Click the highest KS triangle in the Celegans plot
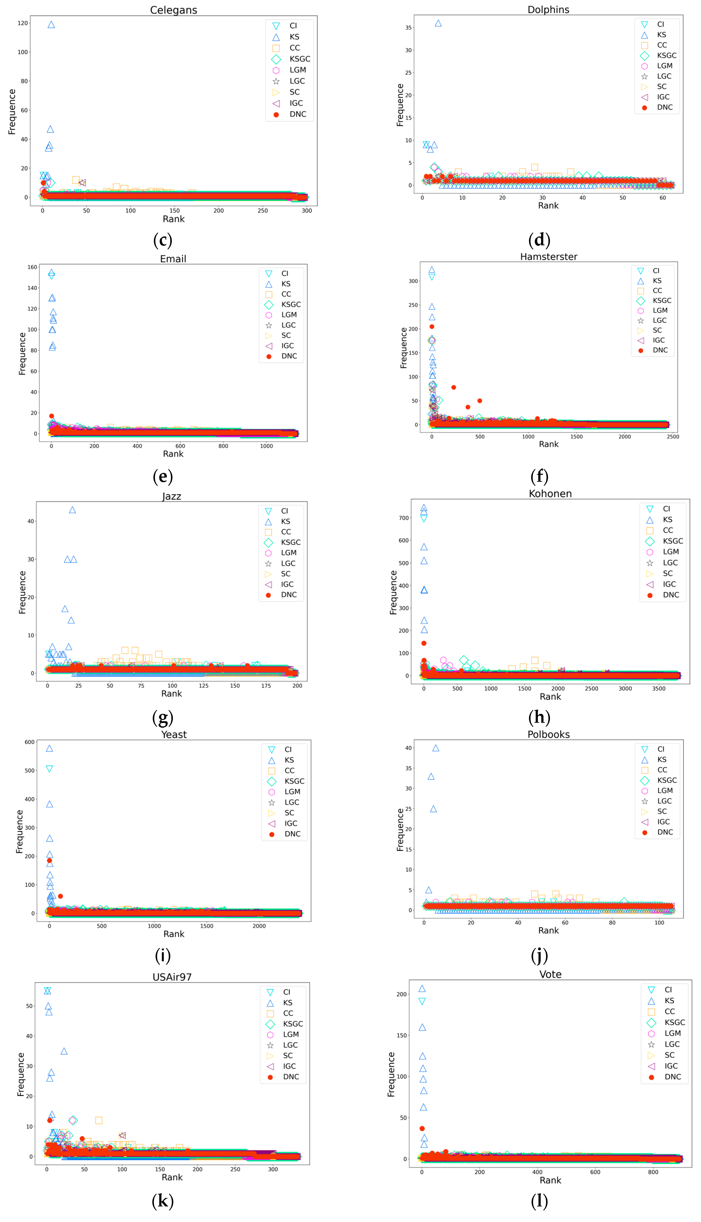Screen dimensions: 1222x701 coord(51,25)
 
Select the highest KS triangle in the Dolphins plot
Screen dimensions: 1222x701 coord(438,23)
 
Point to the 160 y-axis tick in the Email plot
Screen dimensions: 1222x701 coord(32,267)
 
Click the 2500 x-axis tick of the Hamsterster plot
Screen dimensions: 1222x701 coord(673,437)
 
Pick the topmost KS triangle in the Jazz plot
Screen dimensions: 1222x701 coord(72,510)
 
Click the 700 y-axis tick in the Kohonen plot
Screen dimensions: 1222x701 coord(403,518)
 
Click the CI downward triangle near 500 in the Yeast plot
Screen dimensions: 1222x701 coord(49,769)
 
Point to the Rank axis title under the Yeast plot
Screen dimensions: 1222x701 coord(174,934)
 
